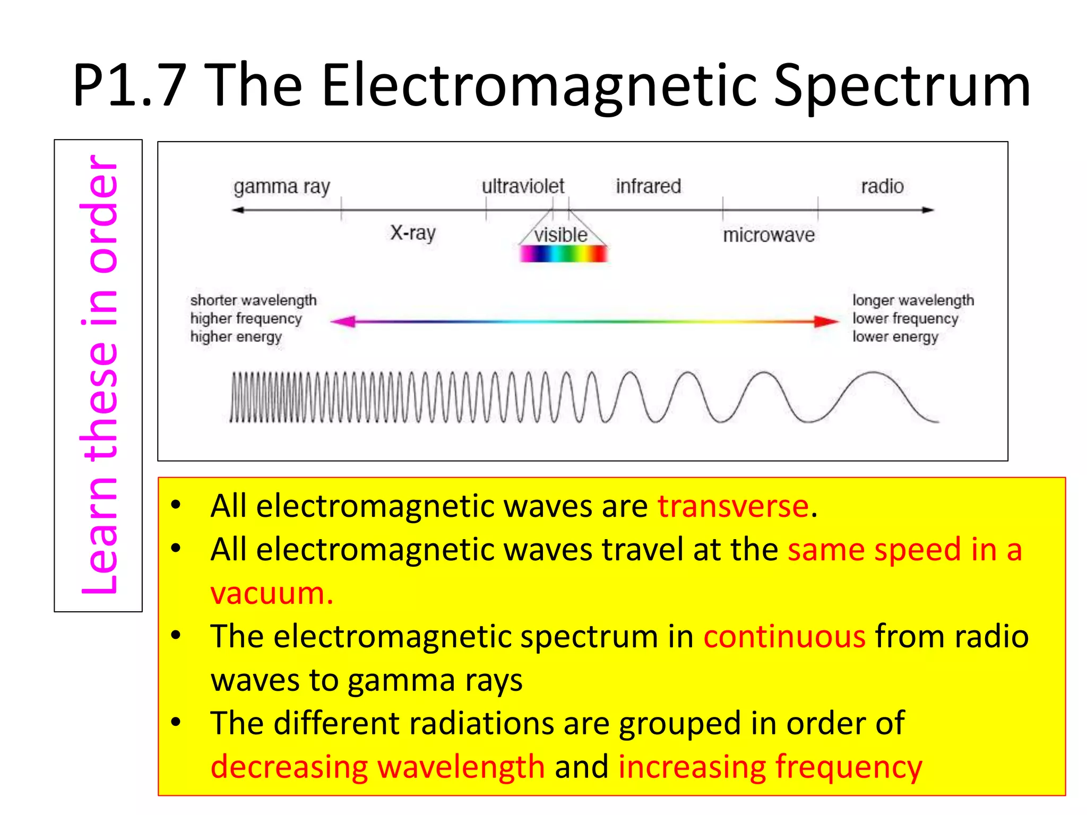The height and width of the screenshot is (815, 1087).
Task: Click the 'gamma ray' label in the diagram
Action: coord(282,187)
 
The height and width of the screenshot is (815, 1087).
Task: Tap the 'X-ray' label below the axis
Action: coord(413,233)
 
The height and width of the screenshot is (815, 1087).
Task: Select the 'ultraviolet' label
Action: coord(523,186)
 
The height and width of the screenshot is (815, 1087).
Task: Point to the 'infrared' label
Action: coord(648,186)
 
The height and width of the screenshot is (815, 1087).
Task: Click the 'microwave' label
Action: coord(769,235)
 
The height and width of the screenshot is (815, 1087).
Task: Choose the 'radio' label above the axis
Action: coord(882,186)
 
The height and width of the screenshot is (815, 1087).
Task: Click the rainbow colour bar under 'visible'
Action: coord(563,254)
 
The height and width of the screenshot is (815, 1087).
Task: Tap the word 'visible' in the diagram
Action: coord(561,235)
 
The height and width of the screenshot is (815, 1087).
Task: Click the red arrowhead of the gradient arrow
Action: coord(826,321)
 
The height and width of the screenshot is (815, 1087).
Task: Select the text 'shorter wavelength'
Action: coord(253,300)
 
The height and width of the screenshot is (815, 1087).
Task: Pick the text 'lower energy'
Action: coord(895,337)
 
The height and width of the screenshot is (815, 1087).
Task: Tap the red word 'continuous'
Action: coord(784,636)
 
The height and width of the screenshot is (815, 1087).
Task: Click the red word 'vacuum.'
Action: coord(272,593)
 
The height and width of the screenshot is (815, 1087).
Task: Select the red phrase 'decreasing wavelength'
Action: coord(377,767)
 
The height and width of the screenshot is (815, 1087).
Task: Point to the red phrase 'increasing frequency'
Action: coord(770,767)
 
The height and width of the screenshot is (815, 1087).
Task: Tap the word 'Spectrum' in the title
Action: coord(902,86)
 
